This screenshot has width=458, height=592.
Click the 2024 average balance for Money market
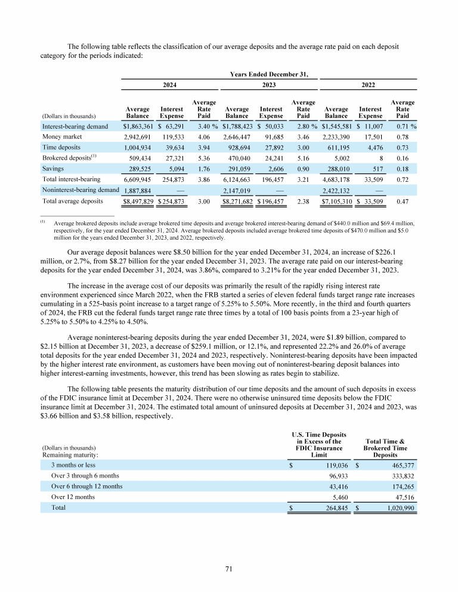coord(138,137)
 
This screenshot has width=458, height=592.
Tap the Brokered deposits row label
coord(64,159)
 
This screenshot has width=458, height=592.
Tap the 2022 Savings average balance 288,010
coord(337,170)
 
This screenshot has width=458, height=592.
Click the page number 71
coord(229,569)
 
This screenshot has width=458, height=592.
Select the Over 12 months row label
coord(73,497)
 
